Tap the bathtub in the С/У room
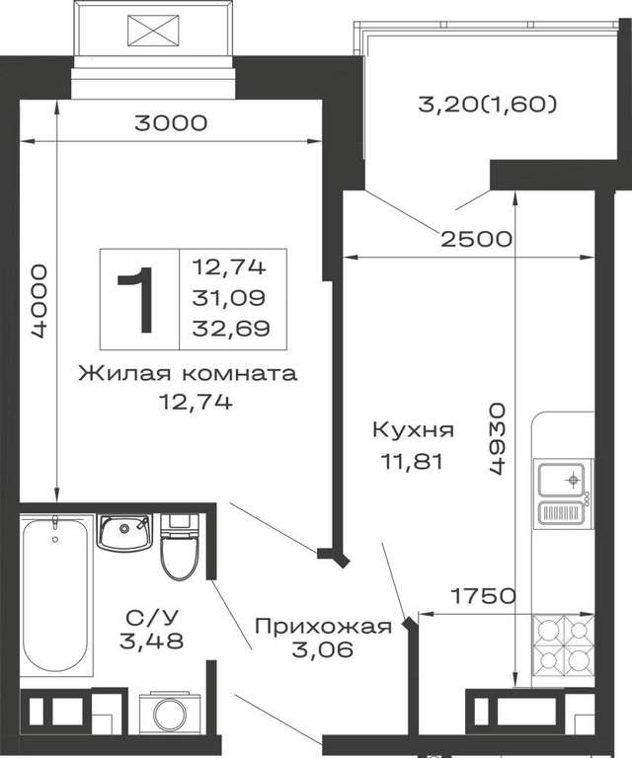[x=56, y=595]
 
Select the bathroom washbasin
[x=124, y=532]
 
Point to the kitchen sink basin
[x=562, y=479]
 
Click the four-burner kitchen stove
[x=563, y=644]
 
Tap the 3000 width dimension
[x=171, y=123]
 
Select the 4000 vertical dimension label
[x=39, y=301]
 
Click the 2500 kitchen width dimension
[x=476, y=239]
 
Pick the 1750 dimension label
[x=483, y=596]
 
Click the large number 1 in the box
[x=136, y=300]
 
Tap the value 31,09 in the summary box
[x=229, y=298]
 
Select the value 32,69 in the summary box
[x=231, y=330]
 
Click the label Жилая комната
[x=188, y=374]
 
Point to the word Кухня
[x=414, y=429]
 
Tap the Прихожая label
[x=323, y=627]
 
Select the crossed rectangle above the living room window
[x=153, y=31]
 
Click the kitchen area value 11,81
[x=413, y=462]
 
